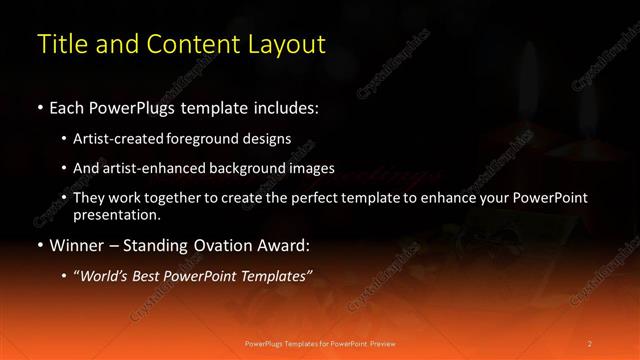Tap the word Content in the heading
pyautogui.click(x=193, y=44)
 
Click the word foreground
pyautogui.click(x=207, y=139)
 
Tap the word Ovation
pyautogui.click(x=223, y=244)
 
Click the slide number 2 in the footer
pyautogui.click(x=590, y=343)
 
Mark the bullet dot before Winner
pyautogui.click(x=39, y=245)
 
